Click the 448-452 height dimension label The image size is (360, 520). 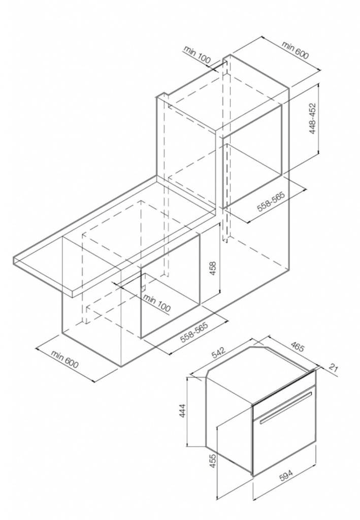point(312,119)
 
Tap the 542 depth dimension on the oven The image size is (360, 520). point(218,353)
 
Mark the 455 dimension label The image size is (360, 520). point(212,461)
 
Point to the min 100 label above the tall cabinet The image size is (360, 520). point(198,55)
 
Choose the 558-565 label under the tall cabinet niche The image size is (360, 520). point(271,202)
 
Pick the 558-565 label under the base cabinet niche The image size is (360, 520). point(193,332)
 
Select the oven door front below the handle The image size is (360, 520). point(284,438)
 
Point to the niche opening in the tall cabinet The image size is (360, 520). point(252,156)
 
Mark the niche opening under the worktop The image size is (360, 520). point(171,285)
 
